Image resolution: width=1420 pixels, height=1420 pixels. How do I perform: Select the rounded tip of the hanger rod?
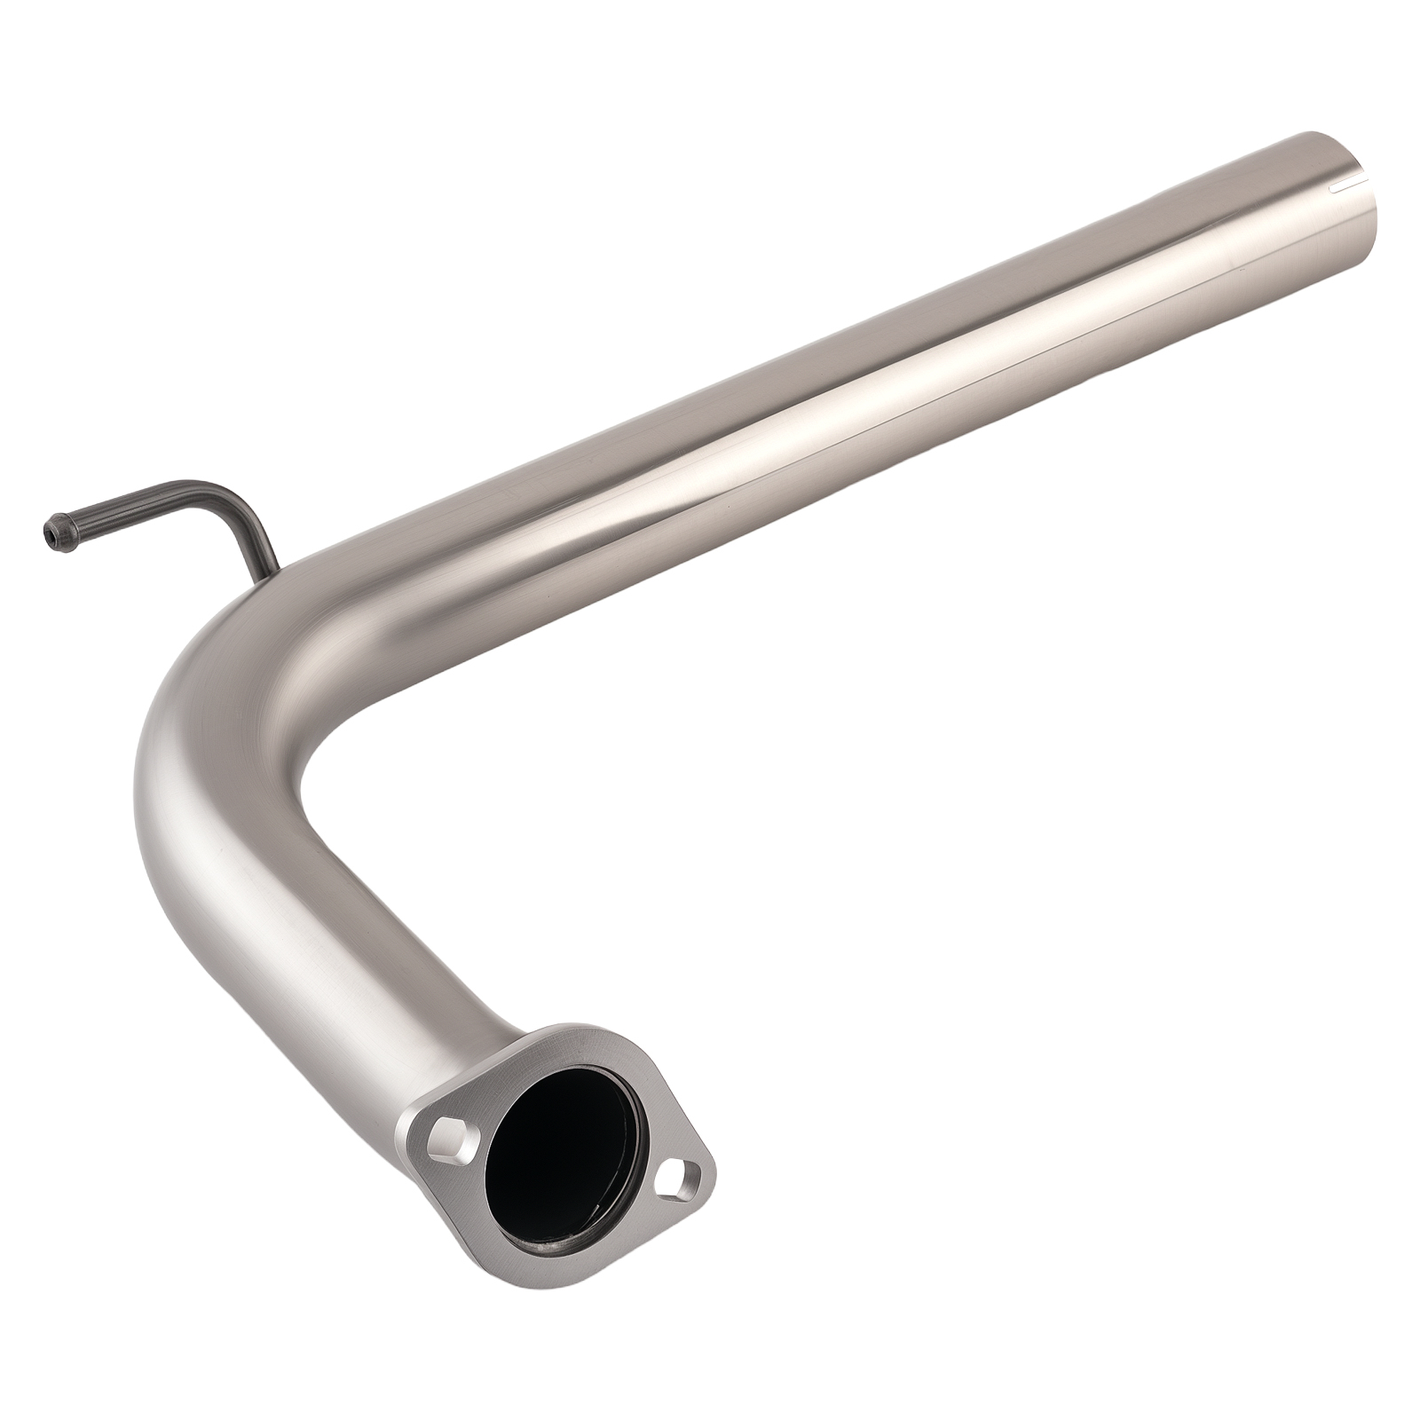tap(49, 531)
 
